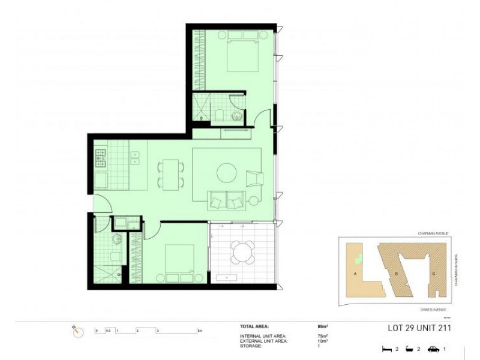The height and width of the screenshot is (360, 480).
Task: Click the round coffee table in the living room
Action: pos(227,173)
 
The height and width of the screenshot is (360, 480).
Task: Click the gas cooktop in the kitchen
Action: pos(100,159)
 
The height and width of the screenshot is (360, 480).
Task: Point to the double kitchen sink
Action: pos(135,158)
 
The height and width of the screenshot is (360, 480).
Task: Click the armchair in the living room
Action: pos(254,178)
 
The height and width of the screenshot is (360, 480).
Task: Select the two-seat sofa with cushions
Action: pos(227,200)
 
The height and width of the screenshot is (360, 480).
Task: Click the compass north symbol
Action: pos(77,331)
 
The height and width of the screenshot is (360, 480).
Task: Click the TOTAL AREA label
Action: pos(255,327)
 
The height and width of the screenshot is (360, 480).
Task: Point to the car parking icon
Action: pos(433,349)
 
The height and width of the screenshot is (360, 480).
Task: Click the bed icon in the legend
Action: pos(387,349)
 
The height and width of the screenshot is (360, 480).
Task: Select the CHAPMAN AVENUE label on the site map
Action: pos(433,233)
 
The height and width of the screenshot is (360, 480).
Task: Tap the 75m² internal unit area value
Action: pos(322,336)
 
